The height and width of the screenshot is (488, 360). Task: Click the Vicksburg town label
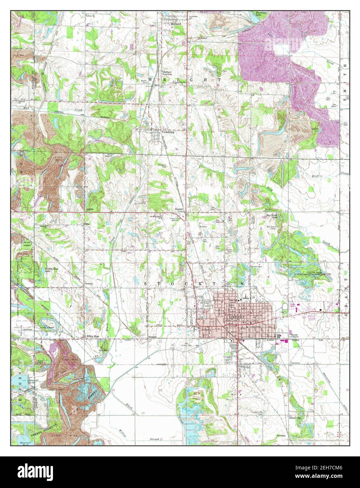tap(168, 132)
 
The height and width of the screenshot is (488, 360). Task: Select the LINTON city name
tap(236, 317)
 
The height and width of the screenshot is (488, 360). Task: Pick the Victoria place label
tap(88, 283)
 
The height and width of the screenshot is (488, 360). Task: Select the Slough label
tap(154, 439)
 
